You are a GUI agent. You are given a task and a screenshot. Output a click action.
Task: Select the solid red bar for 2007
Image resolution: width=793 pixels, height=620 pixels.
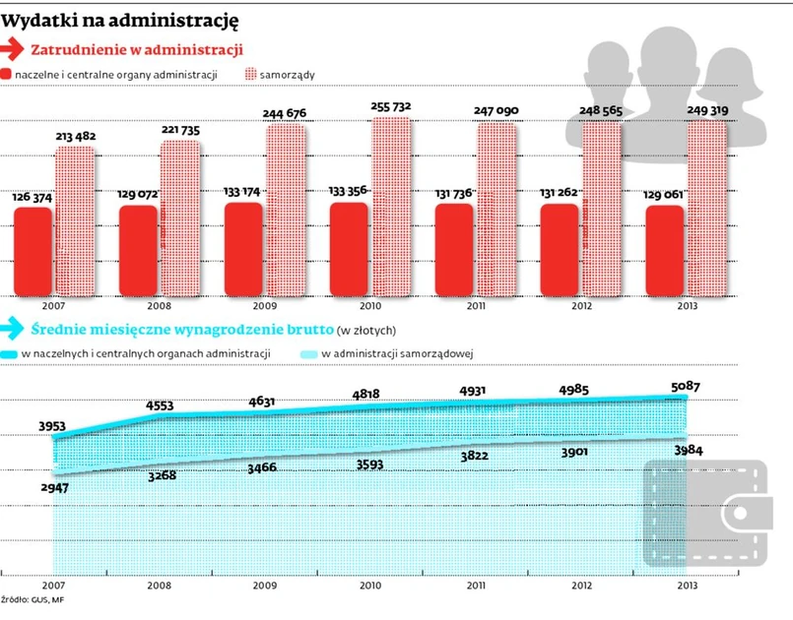coord(33,249)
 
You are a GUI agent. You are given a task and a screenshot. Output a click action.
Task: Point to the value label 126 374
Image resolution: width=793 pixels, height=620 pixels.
coord(33,197)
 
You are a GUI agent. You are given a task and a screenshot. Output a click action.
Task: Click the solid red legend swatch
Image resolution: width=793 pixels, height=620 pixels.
coord(7,74)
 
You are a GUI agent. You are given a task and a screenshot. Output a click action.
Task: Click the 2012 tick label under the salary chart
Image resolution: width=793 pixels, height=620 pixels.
coord(580,586)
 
